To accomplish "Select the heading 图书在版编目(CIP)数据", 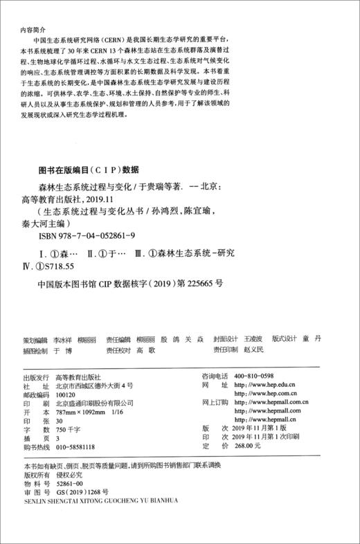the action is [x=88, y=170].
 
